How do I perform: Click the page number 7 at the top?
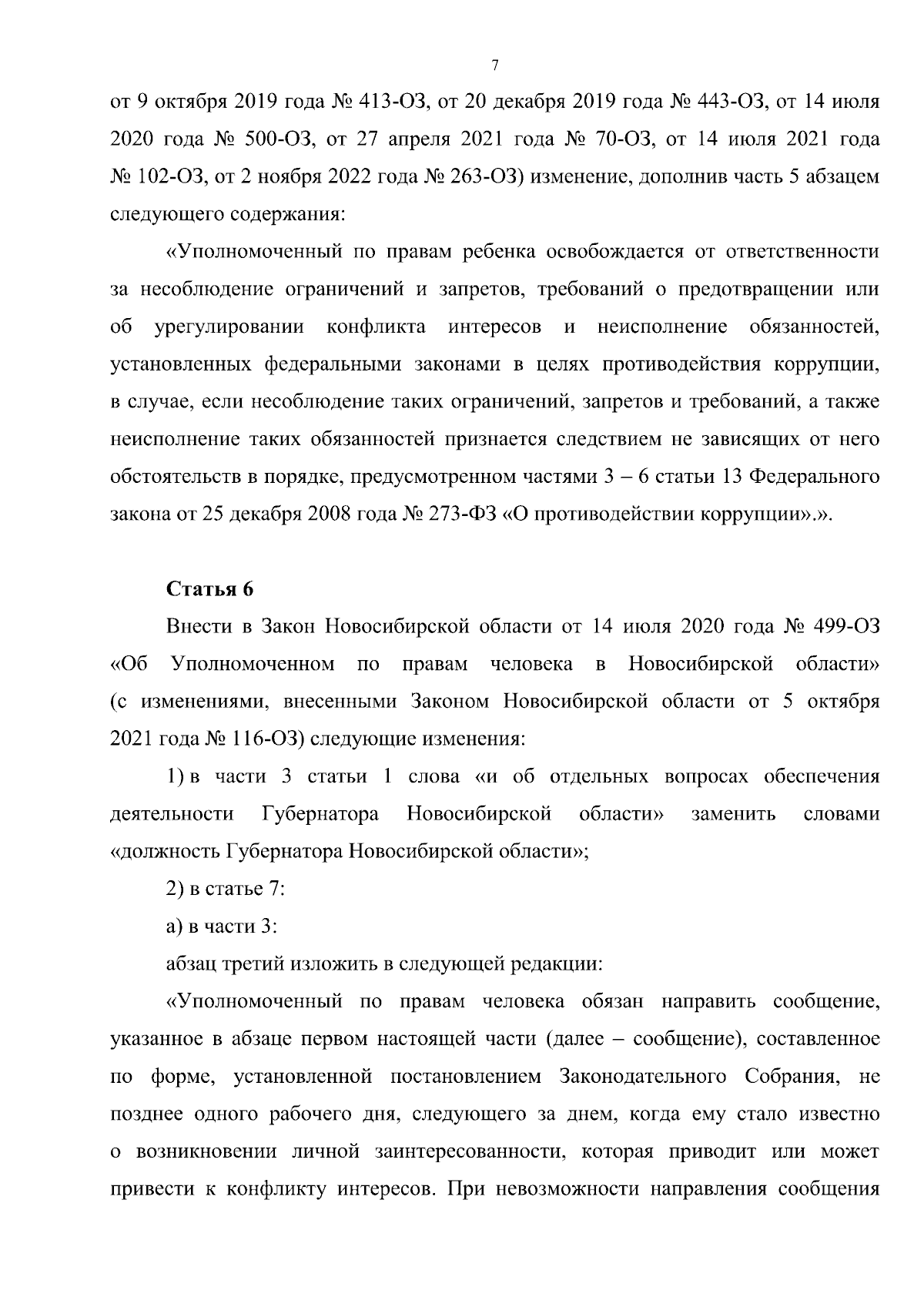[495, 66]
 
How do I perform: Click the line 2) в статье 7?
[226, 890]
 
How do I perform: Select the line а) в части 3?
[221, 927]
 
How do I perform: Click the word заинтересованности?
[471, 1151]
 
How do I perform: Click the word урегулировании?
[229, 327]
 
